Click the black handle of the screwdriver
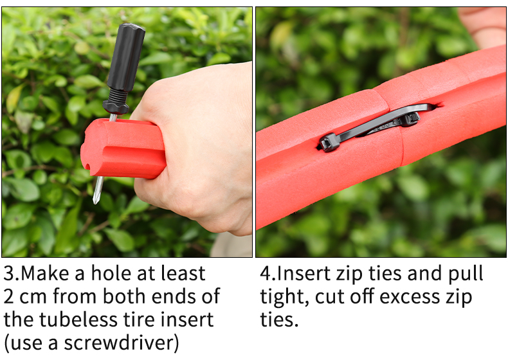tap(125, 58)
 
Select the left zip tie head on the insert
tap(329, 142)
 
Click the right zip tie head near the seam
tap(409, 117)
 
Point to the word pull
tap(464, 274)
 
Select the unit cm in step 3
tap(35, 296)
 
